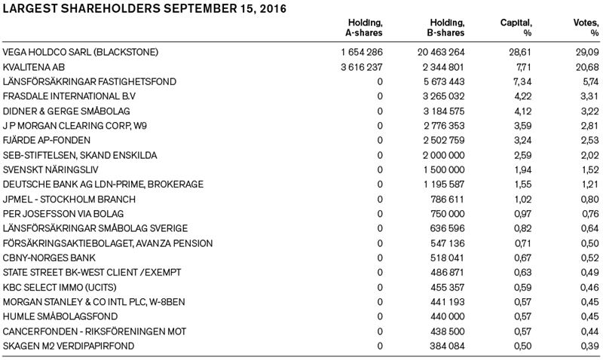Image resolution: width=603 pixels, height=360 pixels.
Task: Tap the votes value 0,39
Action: click(x=589, y=346)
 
